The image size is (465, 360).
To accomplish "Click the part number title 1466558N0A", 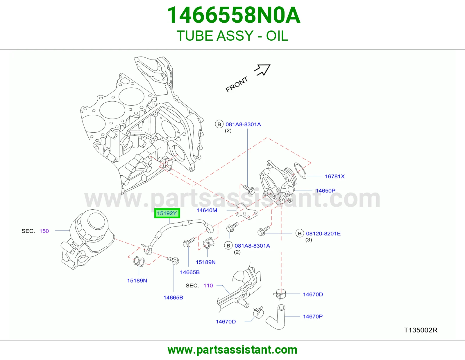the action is (233, 15).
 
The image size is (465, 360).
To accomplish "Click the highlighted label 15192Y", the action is (167, 213).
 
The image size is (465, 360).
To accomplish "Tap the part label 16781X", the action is (335, 176).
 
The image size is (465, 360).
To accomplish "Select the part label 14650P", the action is (325, 190).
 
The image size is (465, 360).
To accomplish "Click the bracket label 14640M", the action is (207, 210).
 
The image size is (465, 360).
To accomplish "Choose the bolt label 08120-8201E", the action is (323, 233).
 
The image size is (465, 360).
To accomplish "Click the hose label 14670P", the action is (313, 316).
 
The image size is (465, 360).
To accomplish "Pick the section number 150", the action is (44, 231).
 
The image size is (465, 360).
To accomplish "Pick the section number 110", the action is (208, 285).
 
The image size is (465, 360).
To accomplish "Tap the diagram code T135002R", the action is (421, 330).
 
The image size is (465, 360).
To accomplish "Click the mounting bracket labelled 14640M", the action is (246, 211).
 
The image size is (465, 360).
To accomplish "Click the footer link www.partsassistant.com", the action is (233, 350).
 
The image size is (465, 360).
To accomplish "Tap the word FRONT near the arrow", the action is (237, 84).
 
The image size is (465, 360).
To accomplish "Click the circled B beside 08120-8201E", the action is (300, 233).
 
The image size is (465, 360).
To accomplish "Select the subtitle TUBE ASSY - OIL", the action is (233, 36).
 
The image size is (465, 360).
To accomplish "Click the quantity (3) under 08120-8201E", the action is (308, 240).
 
